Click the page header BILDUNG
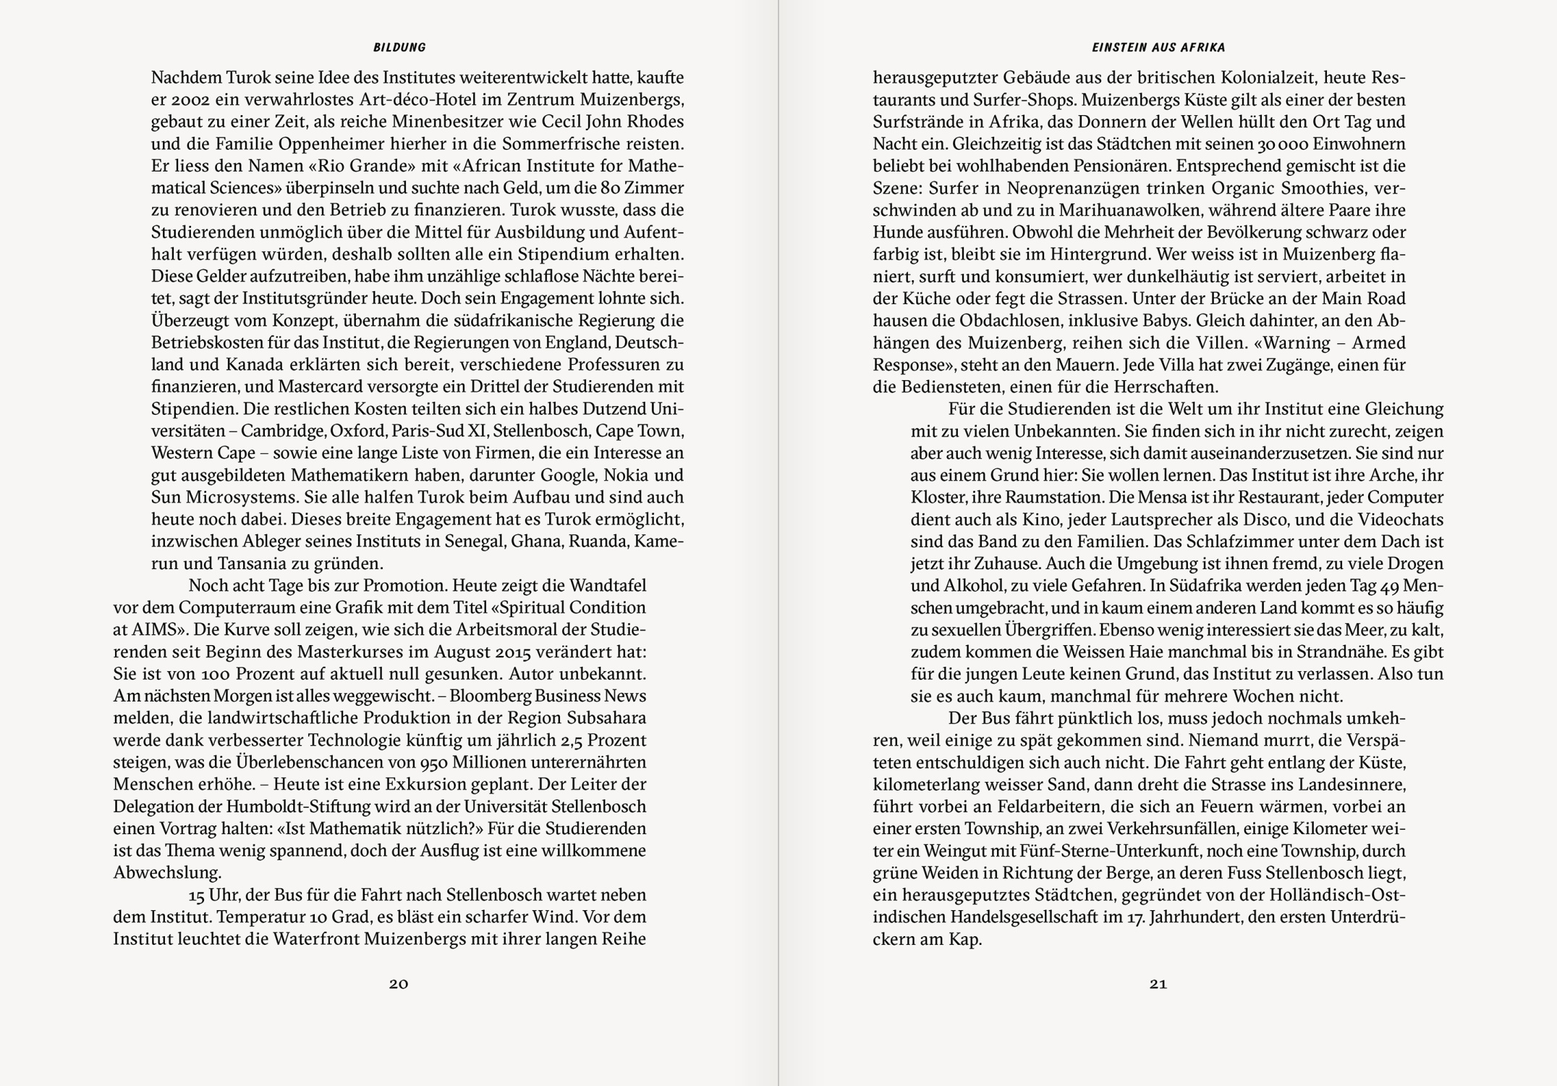399,48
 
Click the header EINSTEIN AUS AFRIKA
1158,48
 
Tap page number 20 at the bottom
399,983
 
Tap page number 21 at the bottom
1158,983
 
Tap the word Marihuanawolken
1121,210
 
